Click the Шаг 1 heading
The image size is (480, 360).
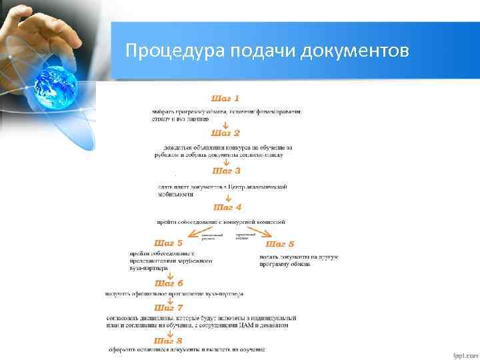coord(225,99)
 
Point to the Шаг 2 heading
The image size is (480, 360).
coord(225,133)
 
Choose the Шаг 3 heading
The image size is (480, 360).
coord(225,171)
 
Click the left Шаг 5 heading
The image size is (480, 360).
coord(169,243)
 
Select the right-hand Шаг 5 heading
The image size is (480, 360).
coord(280,244)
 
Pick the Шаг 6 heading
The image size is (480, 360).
coord(169,283)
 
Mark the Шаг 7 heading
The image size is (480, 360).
coord(169,308)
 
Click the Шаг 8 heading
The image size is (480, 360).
coord(169,341)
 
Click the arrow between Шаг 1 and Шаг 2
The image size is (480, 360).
coord(225,125)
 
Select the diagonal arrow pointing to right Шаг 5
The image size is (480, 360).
coord(259,233)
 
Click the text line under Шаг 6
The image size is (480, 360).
coord(174,293)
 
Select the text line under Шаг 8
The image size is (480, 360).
coord(187,349)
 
